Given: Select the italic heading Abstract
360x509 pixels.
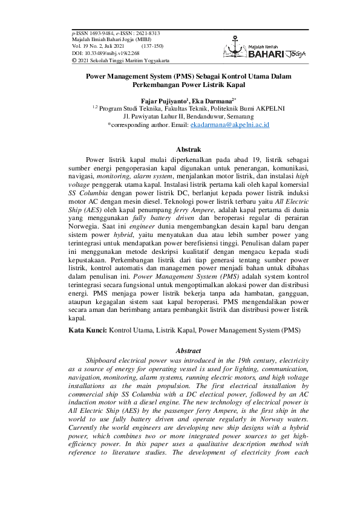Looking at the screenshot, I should pyautogui.click(x=179, y=351).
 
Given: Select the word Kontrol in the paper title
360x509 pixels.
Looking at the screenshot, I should pyautogui.click(x=239, y=78).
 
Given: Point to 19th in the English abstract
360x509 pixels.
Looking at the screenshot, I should pyautogui.click(x=227, y=360).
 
